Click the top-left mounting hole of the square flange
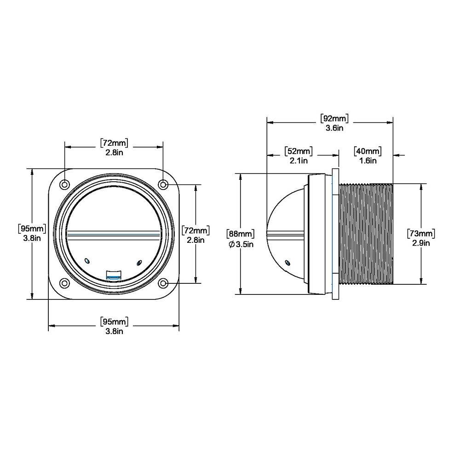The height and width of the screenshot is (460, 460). [x=65, y=184]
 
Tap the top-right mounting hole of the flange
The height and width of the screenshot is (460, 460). [x=163, y=184]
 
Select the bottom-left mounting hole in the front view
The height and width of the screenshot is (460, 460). [x=65, y=282]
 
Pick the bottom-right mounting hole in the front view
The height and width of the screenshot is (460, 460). [x=163, y=282]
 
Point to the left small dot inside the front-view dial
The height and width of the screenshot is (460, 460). [x=86, y=261]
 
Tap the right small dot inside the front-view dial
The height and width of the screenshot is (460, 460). [x=138, y=262]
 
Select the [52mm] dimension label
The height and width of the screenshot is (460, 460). [x=299, y=151]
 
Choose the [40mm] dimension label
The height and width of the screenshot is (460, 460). [x=368, y=151]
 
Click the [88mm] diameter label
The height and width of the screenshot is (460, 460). [x=240, y=234]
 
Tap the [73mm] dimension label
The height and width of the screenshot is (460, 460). [x=421, y=233]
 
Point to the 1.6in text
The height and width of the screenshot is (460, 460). [x=367, y=161]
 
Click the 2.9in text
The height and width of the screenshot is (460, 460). [x=421, y=243]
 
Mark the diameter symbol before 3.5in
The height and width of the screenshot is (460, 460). [x=231, y=244]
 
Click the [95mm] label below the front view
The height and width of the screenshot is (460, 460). [x=114, y=321]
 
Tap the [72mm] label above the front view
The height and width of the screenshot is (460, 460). [x=114, y=143]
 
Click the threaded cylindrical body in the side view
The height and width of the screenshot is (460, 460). [x=366, y=234]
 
